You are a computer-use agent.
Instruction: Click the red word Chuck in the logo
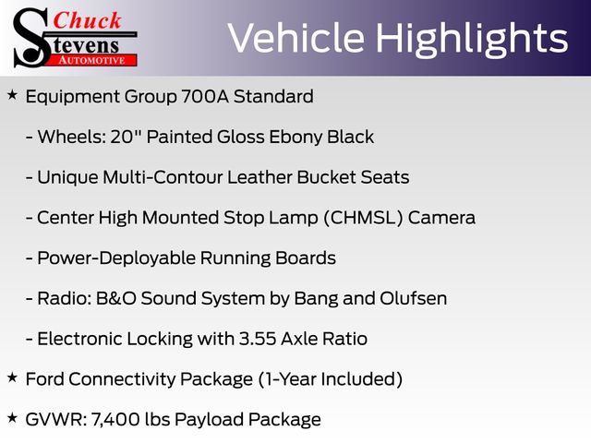click(x=87, y=20)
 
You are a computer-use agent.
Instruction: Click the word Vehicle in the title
click(x=296, y=38)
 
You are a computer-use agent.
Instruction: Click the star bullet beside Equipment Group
click(x=12, y=95)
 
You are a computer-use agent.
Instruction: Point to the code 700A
click(x=205, y=96)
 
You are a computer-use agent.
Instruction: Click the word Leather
click(x=259, y=177)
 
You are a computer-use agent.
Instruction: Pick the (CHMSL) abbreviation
click(x=363, y=218)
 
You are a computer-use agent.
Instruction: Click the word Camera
click(x=441, y=218)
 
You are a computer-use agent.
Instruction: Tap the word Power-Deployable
click(x=116, y=258)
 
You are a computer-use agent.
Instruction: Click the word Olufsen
click(x=413, y=298)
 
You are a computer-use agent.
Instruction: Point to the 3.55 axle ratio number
click(x=258, y=339)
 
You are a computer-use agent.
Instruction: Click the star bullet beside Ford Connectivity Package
click(x=12, y=377)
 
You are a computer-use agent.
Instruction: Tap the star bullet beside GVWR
click(x=12, y=418)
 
